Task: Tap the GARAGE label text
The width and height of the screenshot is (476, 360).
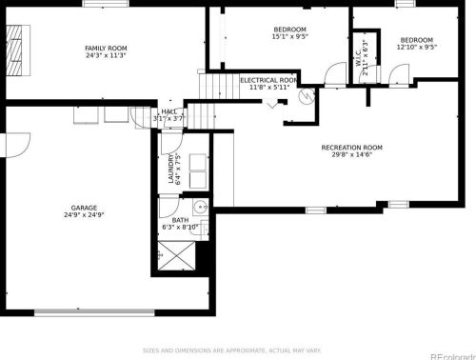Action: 84,208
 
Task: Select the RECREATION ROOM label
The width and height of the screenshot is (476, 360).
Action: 351,147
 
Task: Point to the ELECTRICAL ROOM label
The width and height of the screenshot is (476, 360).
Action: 268,80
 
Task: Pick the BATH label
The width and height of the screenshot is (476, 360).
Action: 180,220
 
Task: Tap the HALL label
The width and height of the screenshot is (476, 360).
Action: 169,111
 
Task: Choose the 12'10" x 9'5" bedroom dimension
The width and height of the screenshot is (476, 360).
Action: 416,46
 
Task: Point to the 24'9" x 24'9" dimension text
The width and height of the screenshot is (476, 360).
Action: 84,215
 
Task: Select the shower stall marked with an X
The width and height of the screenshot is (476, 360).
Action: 178,254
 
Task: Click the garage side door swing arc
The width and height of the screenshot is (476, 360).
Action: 15,147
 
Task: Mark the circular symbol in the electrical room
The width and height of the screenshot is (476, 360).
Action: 307,96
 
